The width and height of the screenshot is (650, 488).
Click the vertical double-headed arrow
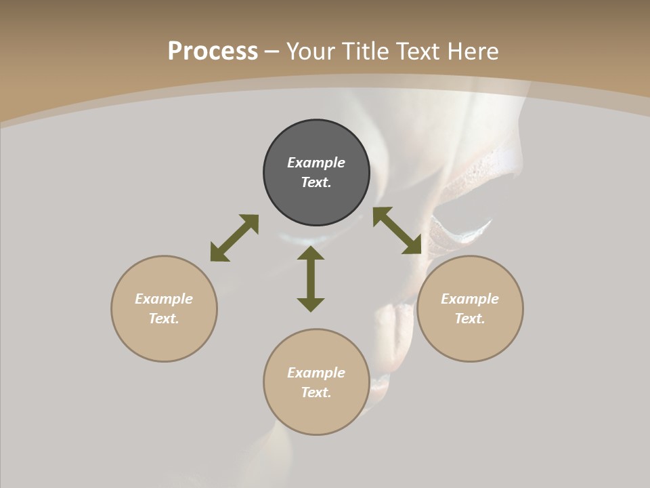[x=311, y=279]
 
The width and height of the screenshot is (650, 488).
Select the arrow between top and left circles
[x=234, y=238]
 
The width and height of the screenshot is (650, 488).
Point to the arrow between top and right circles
[x=397, y=230]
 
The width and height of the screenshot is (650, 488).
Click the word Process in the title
[x=213, y=52]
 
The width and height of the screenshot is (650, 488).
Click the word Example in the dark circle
[x=316, y=163]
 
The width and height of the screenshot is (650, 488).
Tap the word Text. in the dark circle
[x=316, y=182]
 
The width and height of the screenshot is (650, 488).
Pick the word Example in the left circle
[x=164, y=299]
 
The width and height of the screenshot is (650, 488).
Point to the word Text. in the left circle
[x=164, y=319]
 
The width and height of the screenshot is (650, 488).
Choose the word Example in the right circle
[x=470, y=299]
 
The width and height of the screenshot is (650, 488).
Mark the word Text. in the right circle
[x=470, y=319]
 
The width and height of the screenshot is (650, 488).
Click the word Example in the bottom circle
[x=316, y=373]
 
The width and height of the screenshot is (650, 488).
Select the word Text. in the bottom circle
[x=316, y=392]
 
